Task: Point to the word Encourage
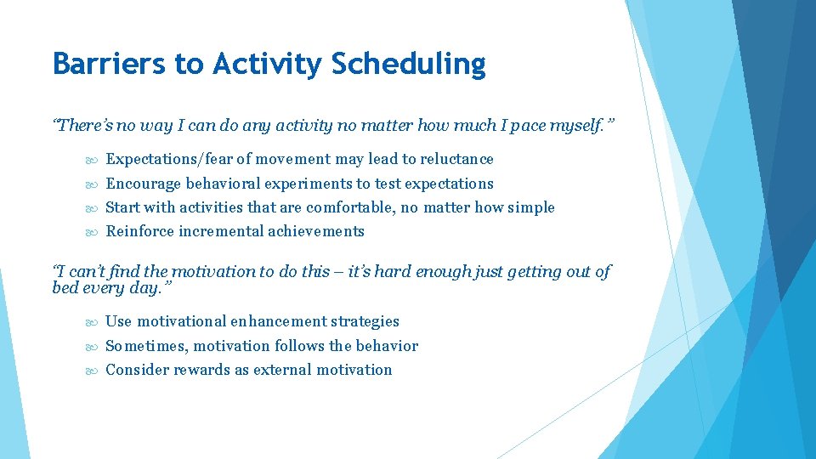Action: pyautogui.click(x=143, y=184)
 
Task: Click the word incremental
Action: pyautogui.click(x=223, y=231)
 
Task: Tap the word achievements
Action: pyautogui.click(x=316, y=231)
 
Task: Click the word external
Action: pyautogui.click(x=283, y=370)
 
